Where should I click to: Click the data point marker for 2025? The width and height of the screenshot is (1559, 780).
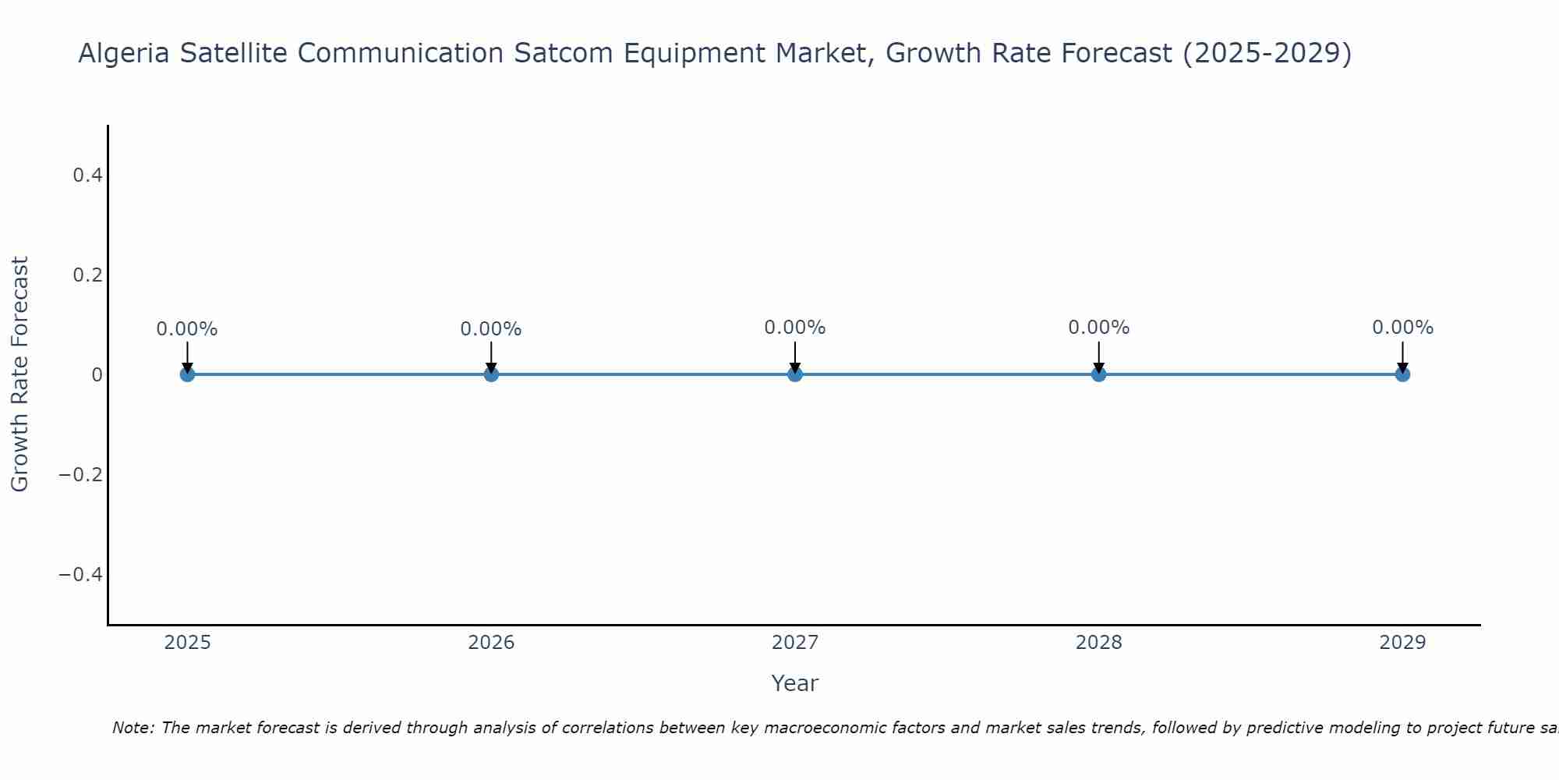(187, 374)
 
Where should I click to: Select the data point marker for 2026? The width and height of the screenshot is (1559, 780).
(491, 374)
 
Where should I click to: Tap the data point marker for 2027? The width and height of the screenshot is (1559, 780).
(795, 374)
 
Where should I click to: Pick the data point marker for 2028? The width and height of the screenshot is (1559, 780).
(1098, 374)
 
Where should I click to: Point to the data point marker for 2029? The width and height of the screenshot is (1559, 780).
(1402, 374)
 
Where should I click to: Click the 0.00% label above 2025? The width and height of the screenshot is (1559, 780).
(187, 329)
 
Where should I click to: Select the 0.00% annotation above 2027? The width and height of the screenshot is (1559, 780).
(795, 328)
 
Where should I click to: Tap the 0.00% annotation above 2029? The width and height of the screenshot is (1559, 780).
(1402, 328)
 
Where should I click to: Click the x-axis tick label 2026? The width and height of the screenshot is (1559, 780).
(491, 643)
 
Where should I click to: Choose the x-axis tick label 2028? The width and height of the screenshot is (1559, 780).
(1098, 643)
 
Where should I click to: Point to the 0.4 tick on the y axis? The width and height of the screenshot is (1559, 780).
(87, 175)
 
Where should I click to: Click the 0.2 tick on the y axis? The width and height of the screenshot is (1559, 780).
(87, 275)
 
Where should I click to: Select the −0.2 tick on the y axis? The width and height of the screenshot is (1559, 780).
(81, 475)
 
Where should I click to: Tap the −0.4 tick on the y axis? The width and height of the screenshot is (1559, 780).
(81, 575)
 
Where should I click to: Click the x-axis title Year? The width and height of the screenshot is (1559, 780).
(794, 683)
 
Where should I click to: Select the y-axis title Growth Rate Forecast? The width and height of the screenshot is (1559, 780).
(19, 374)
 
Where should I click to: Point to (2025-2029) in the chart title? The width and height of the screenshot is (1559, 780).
(1267, 54)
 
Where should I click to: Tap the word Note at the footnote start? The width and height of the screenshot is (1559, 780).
(133, 728)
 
